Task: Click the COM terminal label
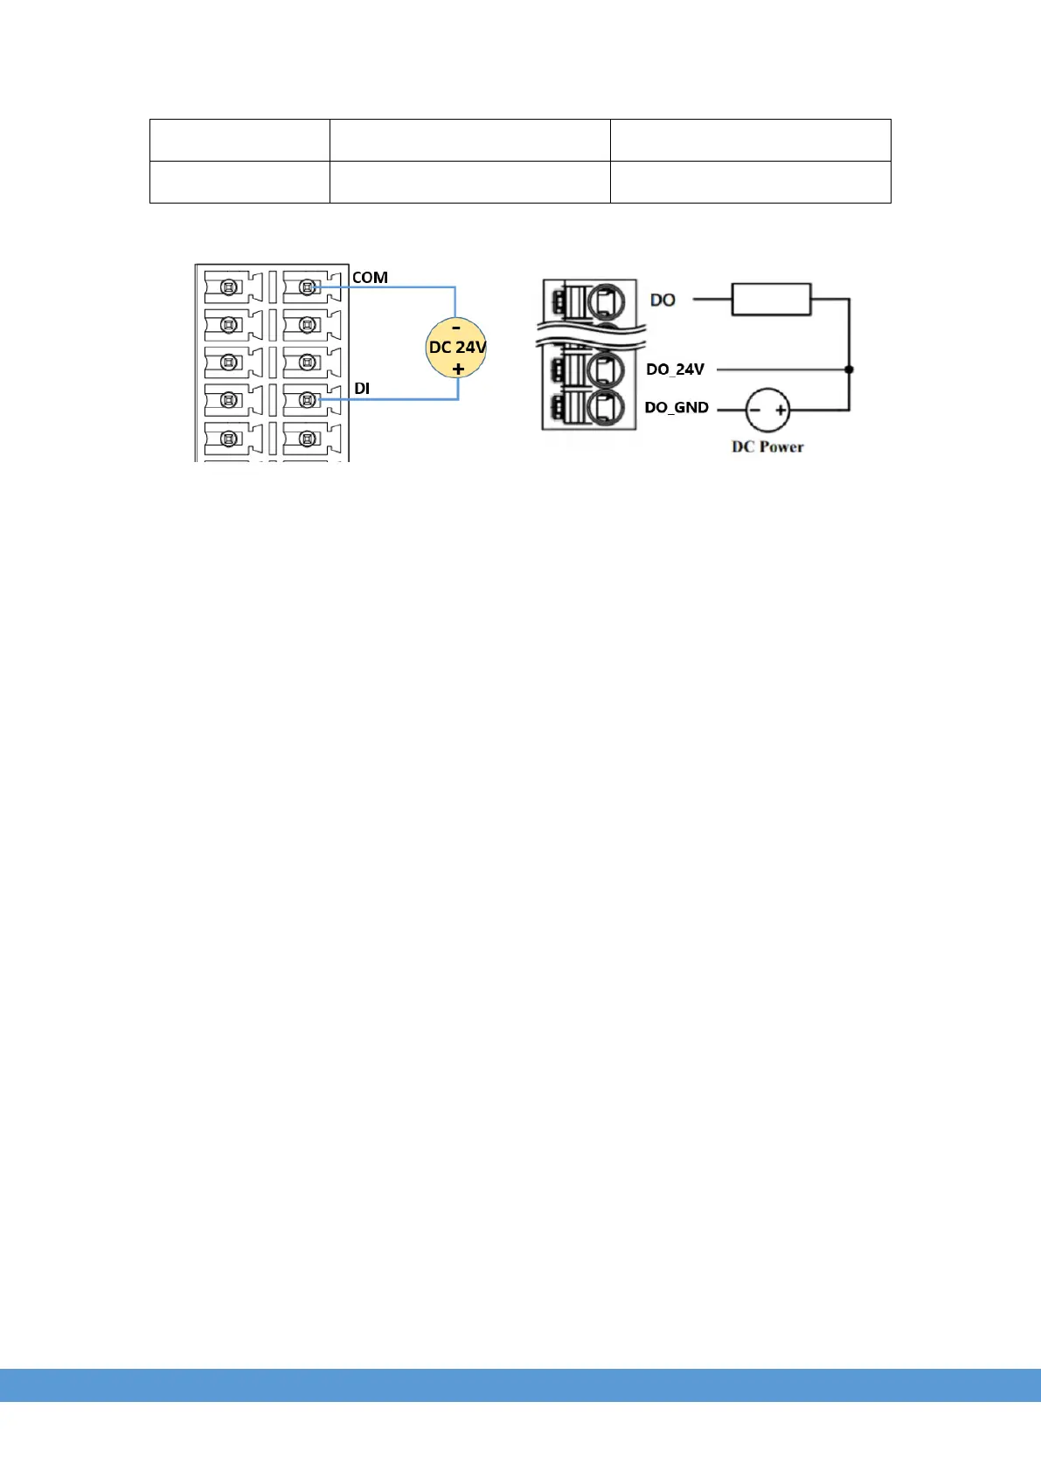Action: [x=370, y=278]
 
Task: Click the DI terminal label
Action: [x=362, y=388]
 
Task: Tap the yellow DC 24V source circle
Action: [x=457, y=348]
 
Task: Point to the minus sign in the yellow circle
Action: [x=456, y=328]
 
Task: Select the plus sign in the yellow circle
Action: [x=458, y=369]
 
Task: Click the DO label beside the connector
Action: [x=663, y=300]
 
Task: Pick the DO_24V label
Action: [x=675, y=369]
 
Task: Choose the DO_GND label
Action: [x=677, y=408]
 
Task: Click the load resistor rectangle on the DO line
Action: [x=771, y=299]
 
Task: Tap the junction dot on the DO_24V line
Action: [x=849, y=369]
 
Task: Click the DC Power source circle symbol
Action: [x=767, y=409]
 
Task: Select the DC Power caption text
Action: [x=767, y=447]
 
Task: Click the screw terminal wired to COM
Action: [x=307, y=287]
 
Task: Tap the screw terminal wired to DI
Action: [x=307, y=400]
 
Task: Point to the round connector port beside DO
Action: [x=605, y=302]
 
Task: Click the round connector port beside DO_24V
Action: [x=605, y=369]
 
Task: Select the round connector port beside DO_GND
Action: [x=605, y=408]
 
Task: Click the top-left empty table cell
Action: [x=239, y=140]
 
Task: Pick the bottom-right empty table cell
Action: [x=750, y=182]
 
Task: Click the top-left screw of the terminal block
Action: [x=228, y=287]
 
